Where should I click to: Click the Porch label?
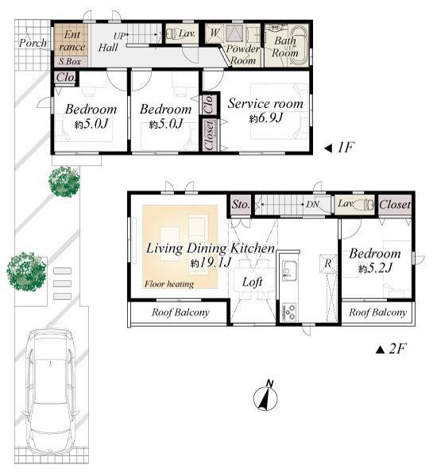tap(33, 42)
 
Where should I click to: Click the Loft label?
tap(253, 281)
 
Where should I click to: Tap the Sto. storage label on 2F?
tap(241, 205)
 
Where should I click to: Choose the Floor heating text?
tap(168, 283)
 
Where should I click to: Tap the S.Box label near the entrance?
tap(68, 61)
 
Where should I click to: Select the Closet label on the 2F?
tap(395, 205)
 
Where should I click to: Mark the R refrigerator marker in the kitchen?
tap(326, 263)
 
